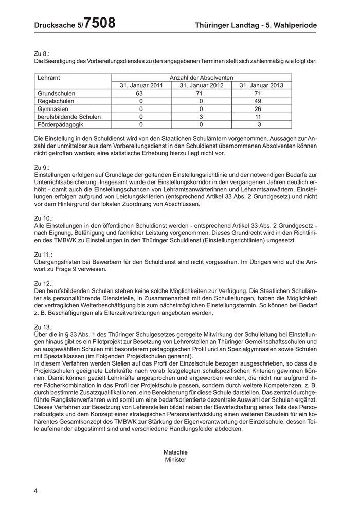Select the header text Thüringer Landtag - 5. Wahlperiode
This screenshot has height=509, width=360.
256,25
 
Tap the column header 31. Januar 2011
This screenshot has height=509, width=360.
142,85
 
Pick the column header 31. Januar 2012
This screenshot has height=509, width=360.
202,85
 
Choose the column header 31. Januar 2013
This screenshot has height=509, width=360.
261,85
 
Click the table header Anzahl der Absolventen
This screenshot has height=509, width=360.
202,78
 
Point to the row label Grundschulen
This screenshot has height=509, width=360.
57,94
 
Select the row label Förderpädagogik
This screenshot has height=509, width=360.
60,124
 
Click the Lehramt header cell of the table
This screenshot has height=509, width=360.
49,78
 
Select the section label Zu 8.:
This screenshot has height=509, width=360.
42,53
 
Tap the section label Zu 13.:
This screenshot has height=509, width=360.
44,327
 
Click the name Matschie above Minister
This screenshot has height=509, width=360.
175,452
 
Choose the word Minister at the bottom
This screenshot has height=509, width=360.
175,460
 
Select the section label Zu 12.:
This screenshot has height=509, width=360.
44,284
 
